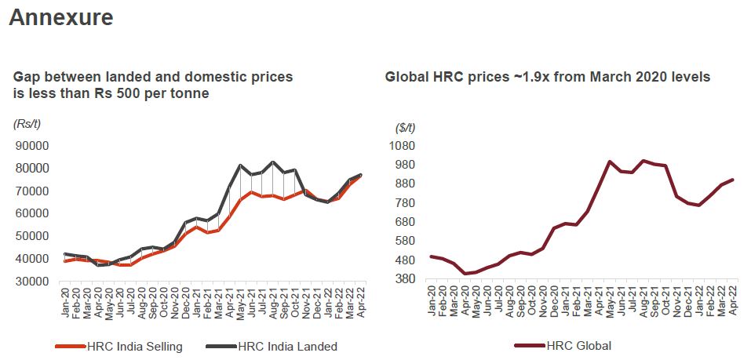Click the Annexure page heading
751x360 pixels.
tap(61, 17)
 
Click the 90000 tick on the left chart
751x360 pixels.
tap(31, 146)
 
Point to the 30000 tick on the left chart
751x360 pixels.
tap(31, 281)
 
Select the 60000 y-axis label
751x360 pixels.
tap(31, 213)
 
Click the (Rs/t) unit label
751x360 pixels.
tap(27, 124)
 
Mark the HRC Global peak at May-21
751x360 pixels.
tap(609, 162)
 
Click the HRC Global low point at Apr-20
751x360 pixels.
tap(465, 274)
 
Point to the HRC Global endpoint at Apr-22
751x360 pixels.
tap(732, 180)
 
